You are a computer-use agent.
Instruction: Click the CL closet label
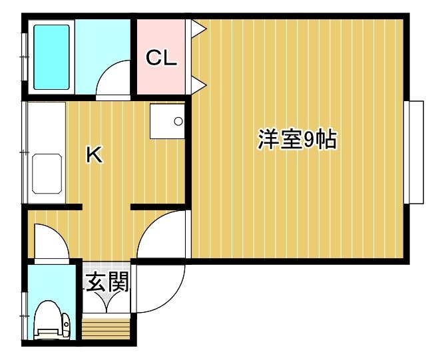[161, 57]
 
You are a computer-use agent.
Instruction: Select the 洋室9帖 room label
[297, 139]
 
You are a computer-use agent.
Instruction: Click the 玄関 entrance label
[107, 282]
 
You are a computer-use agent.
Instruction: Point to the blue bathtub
[51, 57]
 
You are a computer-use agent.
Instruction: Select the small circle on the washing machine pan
[178, 121]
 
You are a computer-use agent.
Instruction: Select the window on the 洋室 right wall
[414, 152]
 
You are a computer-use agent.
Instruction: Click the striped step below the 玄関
[106, 329]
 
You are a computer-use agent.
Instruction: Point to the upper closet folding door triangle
[198, 29]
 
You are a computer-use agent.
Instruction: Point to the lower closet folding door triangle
[198, 85]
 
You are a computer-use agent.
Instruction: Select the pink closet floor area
[161, 57]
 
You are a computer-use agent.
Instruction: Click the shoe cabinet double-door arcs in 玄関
[107, 301]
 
